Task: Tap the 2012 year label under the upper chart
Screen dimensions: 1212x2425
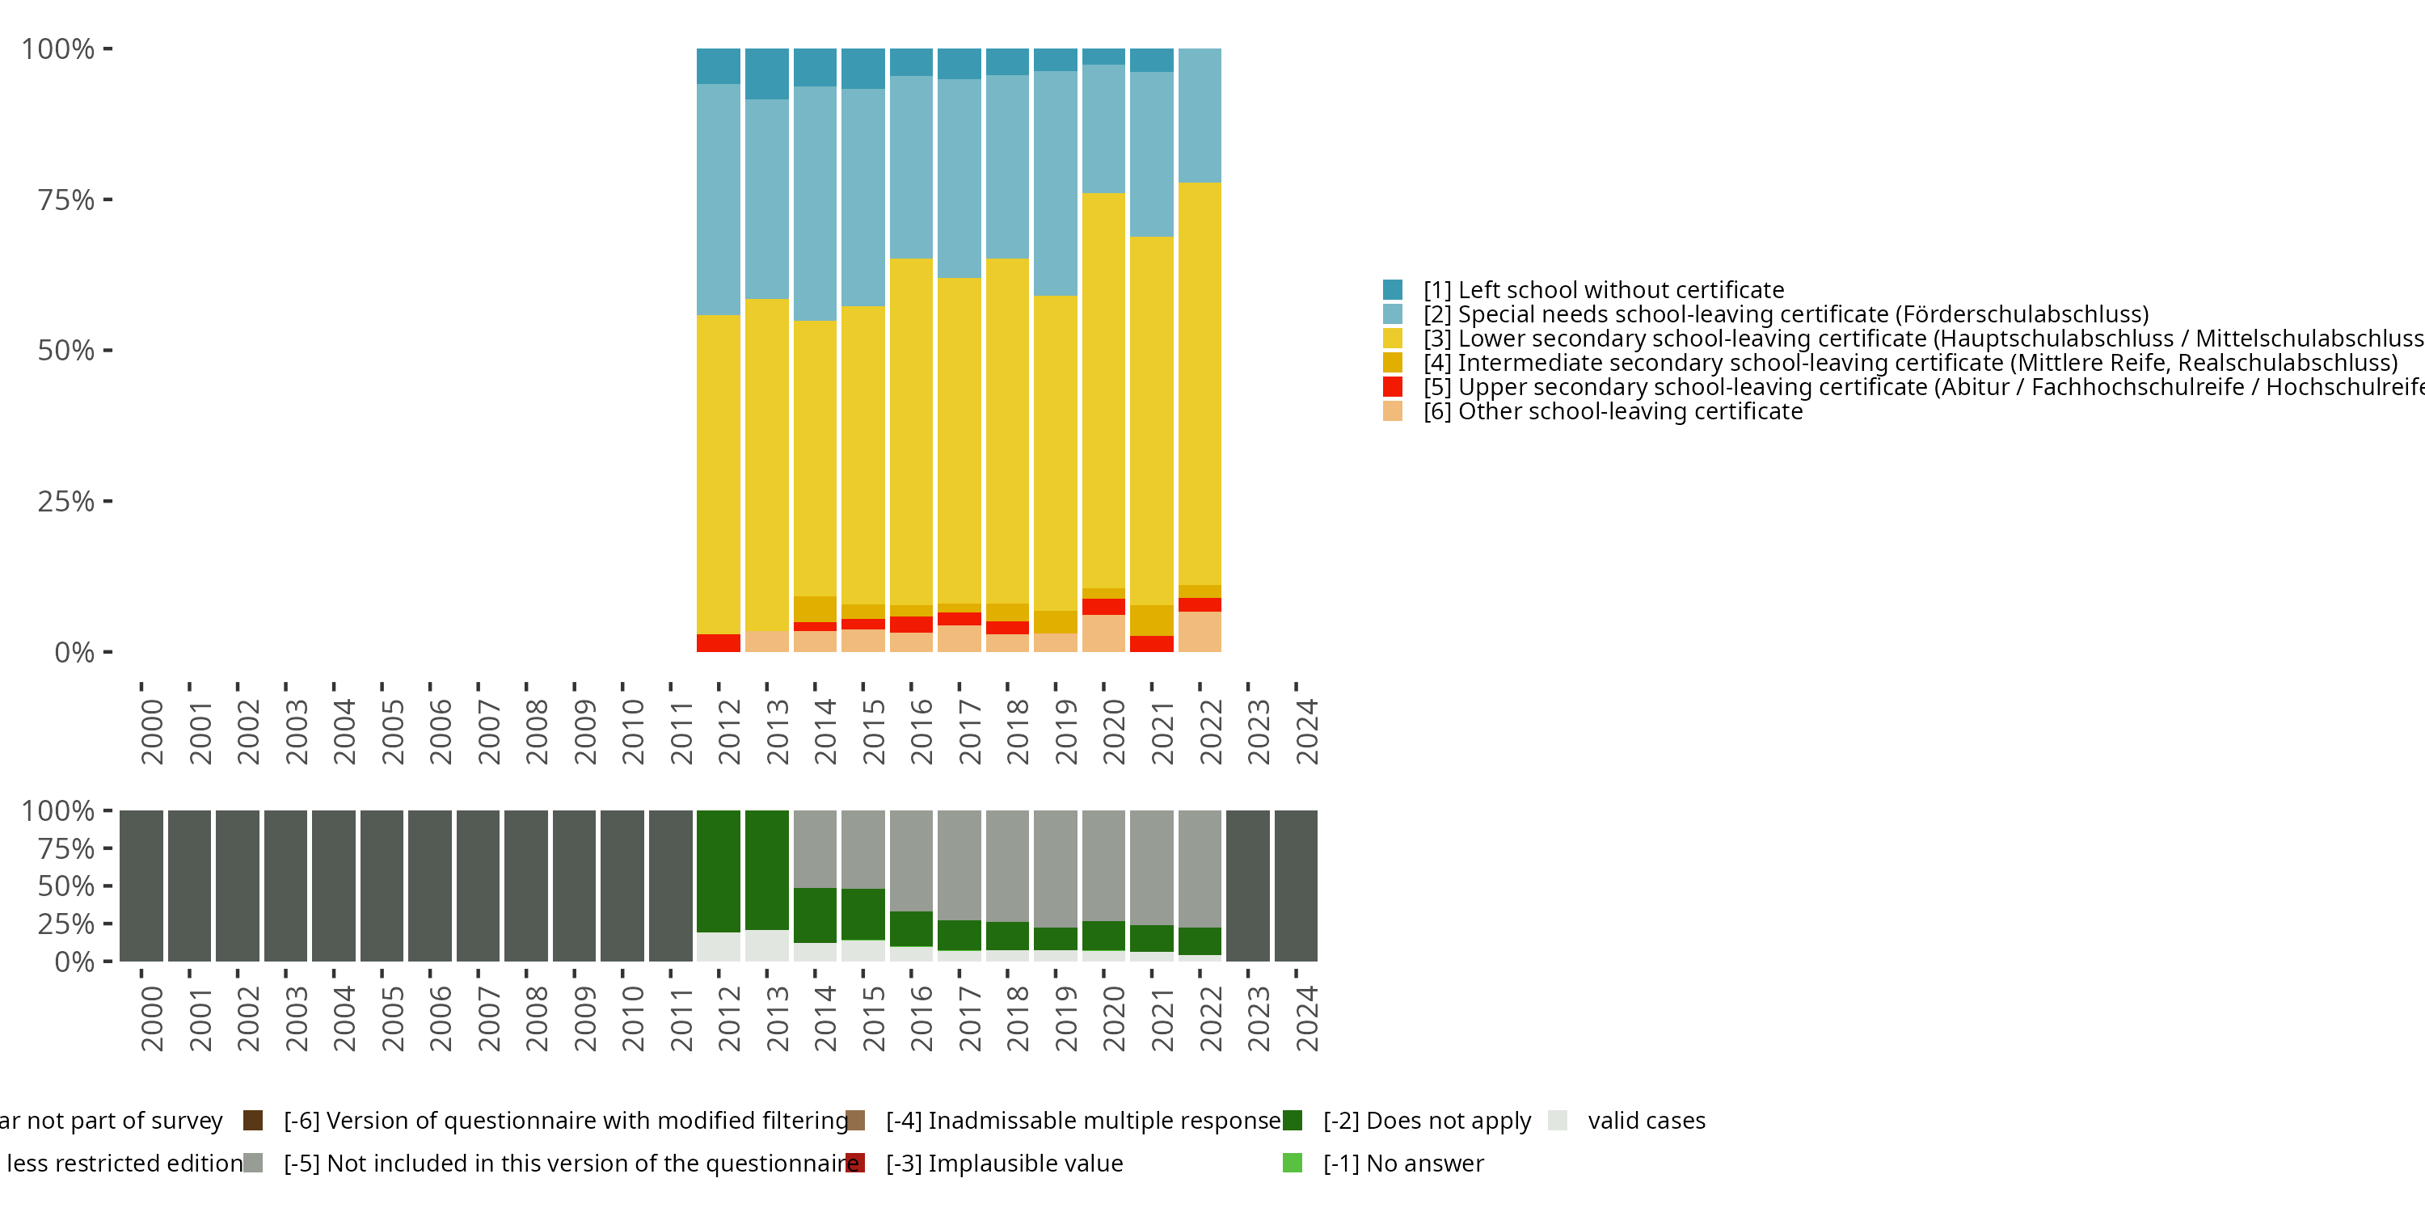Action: [x=730, y=731]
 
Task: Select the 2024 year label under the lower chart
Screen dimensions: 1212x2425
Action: [x=1306, y=1018]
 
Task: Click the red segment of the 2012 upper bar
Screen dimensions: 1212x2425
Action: [x=719, y=642]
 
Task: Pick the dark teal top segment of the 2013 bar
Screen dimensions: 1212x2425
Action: [x=766, y=74]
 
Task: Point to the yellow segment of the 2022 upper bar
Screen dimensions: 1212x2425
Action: [x=1200, y=383]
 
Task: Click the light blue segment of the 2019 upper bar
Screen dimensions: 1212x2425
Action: [x=1056, y=183]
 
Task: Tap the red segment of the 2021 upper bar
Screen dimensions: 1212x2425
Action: [x=1151, y=644]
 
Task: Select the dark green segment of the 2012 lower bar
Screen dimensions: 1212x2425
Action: [x=719, y=870]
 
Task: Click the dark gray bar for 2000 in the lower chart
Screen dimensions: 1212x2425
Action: [x=141, y=886]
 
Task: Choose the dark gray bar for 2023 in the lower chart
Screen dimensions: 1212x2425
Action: [x=1247, y=886]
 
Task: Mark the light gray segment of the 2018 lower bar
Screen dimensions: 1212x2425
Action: [x=1007, y=865]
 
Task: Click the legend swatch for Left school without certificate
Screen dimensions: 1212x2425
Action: [x=1392, y=290]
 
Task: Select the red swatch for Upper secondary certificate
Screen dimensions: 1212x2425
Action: [x=1392, y=387]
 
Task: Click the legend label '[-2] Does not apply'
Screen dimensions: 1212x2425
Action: [x=1426, y=1121]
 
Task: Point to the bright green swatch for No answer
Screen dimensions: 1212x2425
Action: [x=1293, y=1163]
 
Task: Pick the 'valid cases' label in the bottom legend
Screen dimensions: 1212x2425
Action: [x=1646, y=1121]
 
